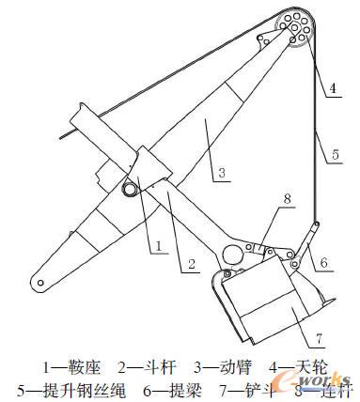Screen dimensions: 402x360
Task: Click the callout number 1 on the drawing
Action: (x=161, y=246)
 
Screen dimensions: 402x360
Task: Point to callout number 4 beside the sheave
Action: (x=332, y=91)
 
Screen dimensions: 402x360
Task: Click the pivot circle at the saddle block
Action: (x=128, y=191)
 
